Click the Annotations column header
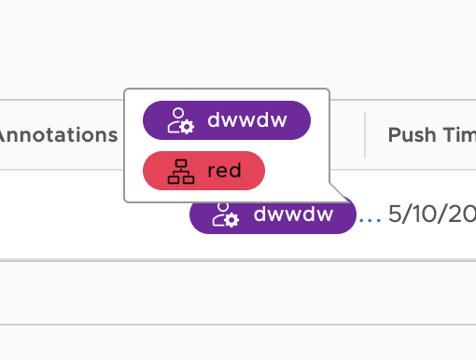pyautogui.click(x=58, y=135)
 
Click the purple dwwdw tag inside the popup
pyautogui.click(x=226, y=120)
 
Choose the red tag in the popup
pyautogui.click(x=203, y=171)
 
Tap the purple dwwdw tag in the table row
pyautogui.click(x=273, y=215)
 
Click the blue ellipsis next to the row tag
pyautogui.click(x=371, y=217)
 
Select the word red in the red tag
pyautogui.click(x=224, y=171)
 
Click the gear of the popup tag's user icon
pyautogui.click(x=186, y=126)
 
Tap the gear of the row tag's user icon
pyautogui.click(x=232, y=221)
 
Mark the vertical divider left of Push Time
pyautogui.click(x=365, y=135)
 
